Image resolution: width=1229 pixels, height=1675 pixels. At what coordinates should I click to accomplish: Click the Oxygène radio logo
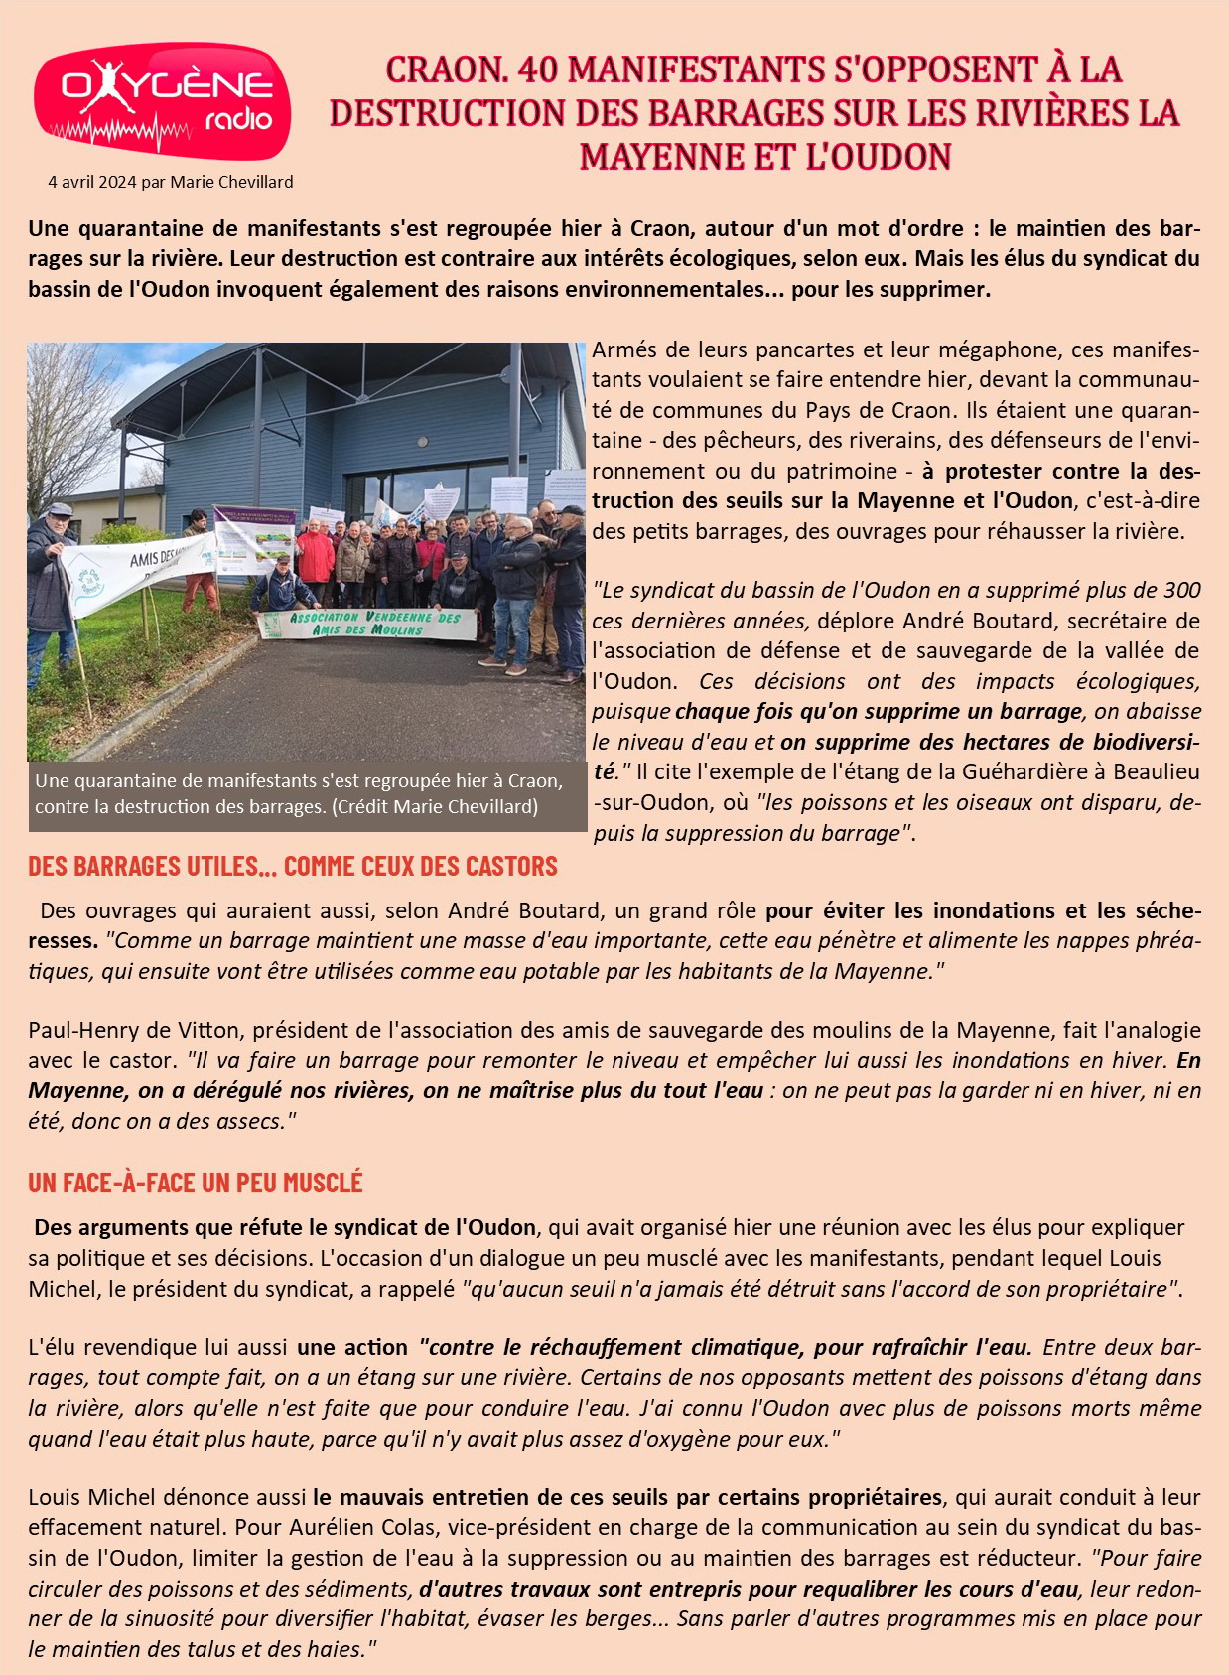(162, 100)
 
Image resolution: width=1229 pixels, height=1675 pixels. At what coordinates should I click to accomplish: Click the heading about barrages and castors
(292, 866)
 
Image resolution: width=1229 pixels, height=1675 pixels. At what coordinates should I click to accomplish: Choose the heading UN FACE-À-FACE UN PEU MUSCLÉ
(195, 1183)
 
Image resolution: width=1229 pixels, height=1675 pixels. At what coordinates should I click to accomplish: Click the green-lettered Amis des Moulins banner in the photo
(367, 624)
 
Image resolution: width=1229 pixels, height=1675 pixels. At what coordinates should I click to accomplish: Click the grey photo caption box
(306, 794)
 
